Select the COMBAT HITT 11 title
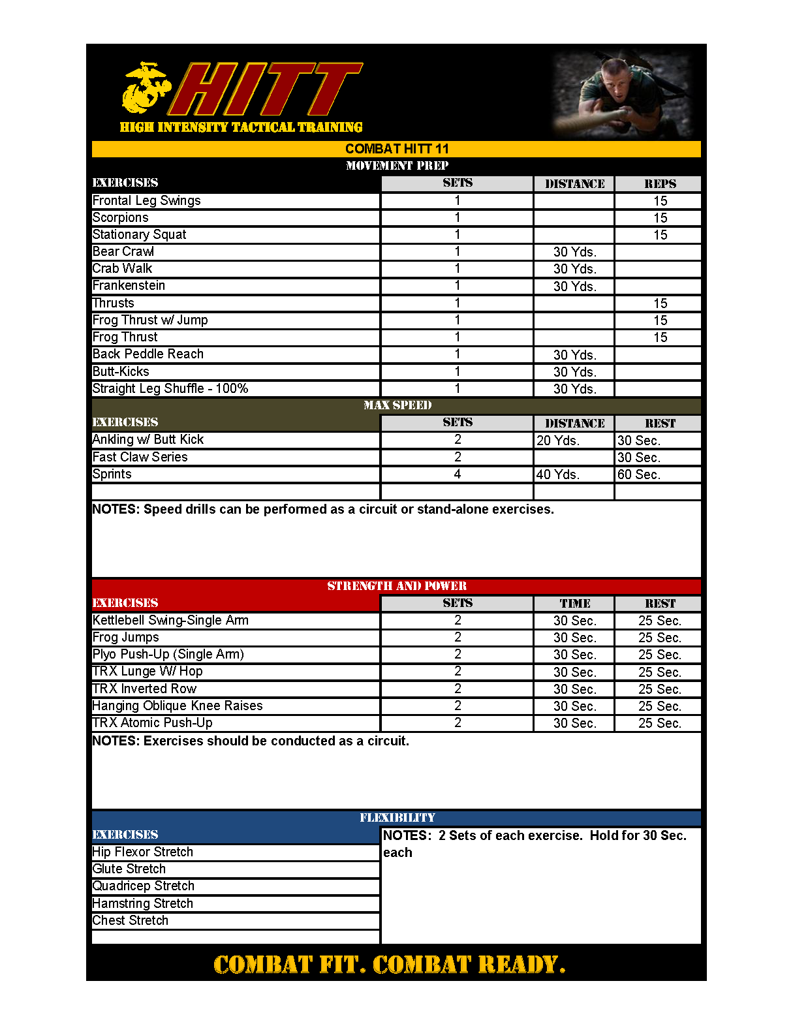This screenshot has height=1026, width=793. [397, 149]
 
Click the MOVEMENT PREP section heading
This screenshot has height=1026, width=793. [397, 166]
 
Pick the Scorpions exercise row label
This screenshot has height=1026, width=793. [121, 218]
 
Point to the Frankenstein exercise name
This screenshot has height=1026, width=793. [129, 286]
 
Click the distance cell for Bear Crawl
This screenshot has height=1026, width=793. [574, 252]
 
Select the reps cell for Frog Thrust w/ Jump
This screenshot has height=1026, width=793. [660, 320]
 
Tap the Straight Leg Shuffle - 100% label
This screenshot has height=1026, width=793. [170, 389]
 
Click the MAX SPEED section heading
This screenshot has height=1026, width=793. [397, 405]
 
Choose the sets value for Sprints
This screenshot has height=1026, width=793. [458, 474]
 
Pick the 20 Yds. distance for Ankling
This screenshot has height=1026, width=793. [558, 441]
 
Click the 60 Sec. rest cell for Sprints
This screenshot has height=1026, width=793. [639, 474]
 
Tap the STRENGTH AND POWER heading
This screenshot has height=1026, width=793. [397, 586]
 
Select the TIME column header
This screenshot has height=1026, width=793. [574, 604]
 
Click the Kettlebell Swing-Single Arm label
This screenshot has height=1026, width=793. [170, 621]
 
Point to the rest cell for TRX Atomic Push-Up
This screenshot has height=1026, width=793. [659, 723]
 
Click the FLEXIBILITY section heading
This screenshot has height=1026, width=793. [397, 818]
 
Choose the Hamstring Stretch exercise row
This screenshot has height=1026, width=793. [143, 903]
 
